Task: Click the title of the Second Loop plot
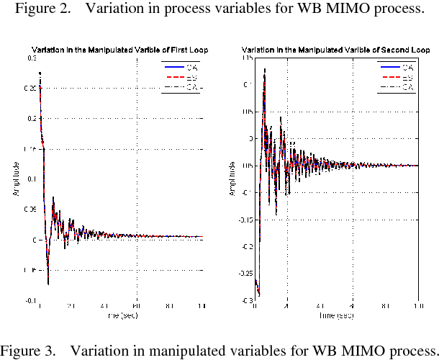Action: [336, 50]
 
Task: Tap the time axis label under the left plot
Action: [120, 315]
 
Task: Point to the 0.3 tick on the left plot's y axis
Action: [32, 58]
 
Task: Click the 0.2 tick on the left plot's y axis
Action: [32, 118]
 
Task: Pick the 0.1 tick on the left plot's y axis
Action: [32, 179]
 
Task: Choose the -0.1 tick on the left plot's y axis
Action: [31, 300]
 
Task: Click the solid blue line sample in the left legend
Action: [170, 67]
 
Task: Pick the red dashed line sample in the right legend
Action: [386, 77]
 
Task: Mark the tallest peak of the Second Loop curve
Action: [265, 70]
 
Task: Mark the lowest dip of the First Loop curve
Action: [48, 284]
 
